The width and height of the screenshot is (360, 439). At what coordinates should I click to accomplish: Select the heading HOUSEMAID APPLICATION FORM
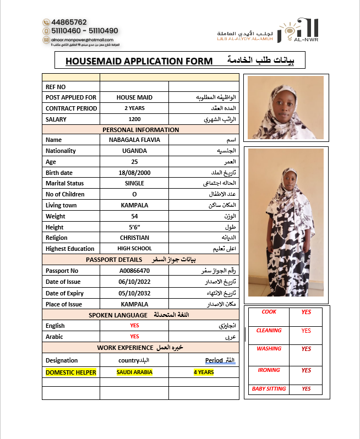click(x=139, y=61)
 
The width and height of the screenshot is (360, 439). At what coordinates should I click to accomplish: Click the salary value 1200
click(x=134, y=119)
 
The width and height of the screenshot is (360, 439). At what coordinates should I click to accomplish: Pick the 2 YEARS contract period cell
click(x=134, y=108)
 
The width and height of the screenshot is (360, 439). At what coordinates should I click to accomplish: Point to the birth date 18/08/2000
click(x=134, y=173)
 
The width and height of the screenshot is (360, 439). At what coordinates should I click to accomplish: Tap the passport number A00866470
click(x=134, y=271)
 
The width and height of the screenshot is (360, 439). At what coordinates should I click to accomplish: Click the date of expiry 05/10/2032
click(x=134, y=293)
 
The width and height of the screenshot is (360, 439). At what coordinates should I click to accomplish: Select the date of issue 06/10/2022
click(x=134, y=282)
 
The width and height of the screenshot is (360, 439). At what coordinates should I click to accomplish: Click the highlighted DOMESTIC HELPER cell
click(x=71, y=372)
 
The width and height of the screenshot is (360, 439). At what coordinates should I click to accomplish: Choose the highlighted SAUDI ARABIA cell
click(x=134, y=372)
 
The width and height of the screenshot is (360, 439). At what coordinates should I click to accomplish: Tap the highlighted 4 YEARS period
click(x=204, y=372)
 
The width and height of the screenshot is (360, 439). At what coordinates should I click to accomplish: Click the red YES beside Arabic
click(x=134, y=337)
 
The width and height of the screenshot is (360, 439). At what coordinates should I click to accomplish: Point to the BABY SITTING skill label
click(x=269, y=389)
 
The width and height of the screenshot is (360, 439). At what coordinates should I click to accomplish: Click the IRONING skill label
click(x=269, y=370)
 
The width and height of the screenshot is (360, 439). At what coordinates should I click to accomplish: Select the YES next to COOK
click(x=307, y=312)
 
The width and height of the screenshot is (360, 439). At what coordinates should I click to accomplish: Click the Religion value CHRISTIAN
click(x=134, y=238)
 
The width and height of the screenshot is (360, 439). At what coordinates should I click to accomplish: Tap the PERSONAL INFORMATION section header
click(x=141, y=130)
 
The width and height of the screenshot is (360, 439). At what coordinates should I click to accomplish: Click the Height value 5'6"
click(x=134, y=227)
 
